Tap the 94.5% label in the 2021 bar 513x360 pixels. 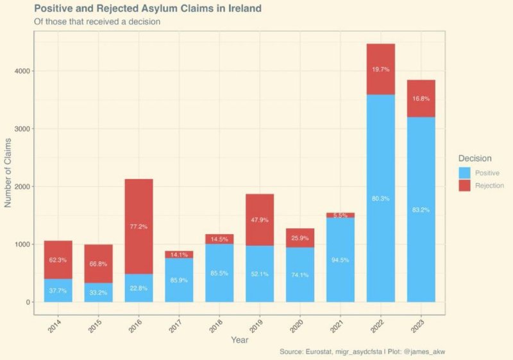point(340,260)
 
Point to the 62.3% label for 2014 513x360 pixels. point(58,261)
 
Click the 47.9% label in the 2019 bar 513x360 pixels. point(259,219)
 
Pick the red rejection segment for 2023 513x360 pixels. point(421,99)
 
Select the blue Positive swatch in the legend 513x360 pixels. point(465,173)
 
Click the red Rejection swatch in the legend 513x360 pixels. point(465,185)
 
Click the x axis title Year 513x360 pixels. point(240,339)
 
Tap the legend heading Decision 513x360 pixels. point(475,158)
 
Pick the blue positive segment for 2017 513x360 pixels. point(179,280)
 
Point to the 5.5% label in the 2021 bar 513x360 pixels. point(340,215)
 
